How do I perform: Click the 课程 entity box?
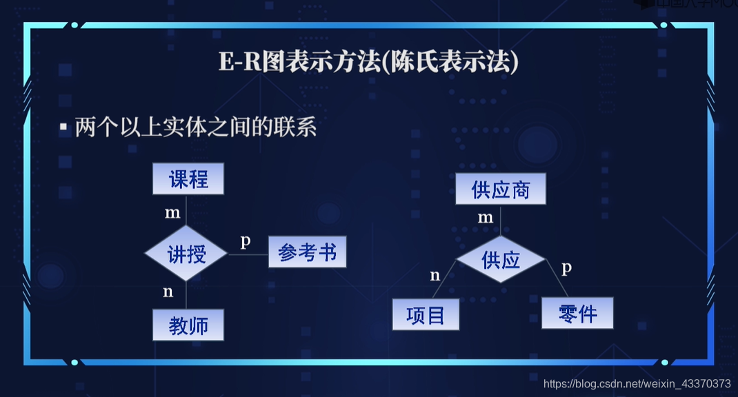point(188,179)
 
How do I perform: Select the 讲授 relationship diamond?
point(186,254)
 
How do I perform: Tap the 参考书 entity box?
point(307,253)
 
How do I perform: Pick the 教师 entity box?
point(188,325)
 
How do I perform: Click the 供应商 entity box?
point(501,189)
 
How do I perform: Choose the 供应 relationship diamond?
point(501,260)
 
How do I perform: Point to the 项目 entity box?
point(426,315)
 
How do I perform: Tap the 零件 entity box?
point(577,313)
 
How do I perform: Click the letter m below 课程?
point(172,213)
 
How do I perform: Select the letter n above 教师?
point(168,292)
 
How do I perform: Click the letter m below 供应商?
point(486,218)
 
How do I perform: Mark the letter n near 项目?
point(435,276)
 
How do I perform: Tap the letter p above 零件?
point(566,267)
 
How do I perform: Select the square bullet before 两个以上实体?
point(63,128)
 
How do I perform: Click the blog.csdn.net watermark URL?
point(637,383)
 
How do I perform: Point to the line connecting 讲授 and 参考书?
point(248,254)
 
